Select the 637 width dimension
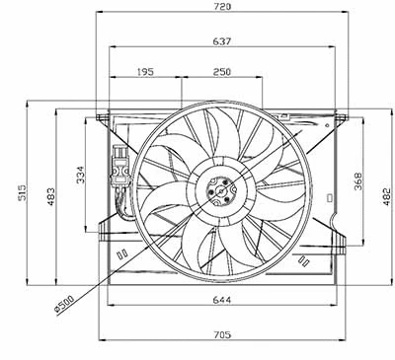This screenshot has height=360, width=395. click(222, 40)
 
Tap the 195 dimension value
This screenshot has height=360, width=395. click(145, 72)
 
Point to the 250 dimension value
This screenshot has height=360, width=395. click(221, 72)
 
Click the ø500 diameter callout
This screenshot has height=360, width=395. click(66, 307)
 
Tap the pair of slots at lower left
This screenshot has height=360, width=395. click(122, 253)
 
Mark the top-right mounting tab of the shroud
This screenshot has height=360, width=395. click(341, 116)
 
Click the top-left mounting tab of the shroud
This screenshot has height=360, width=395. click(103, 116)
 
